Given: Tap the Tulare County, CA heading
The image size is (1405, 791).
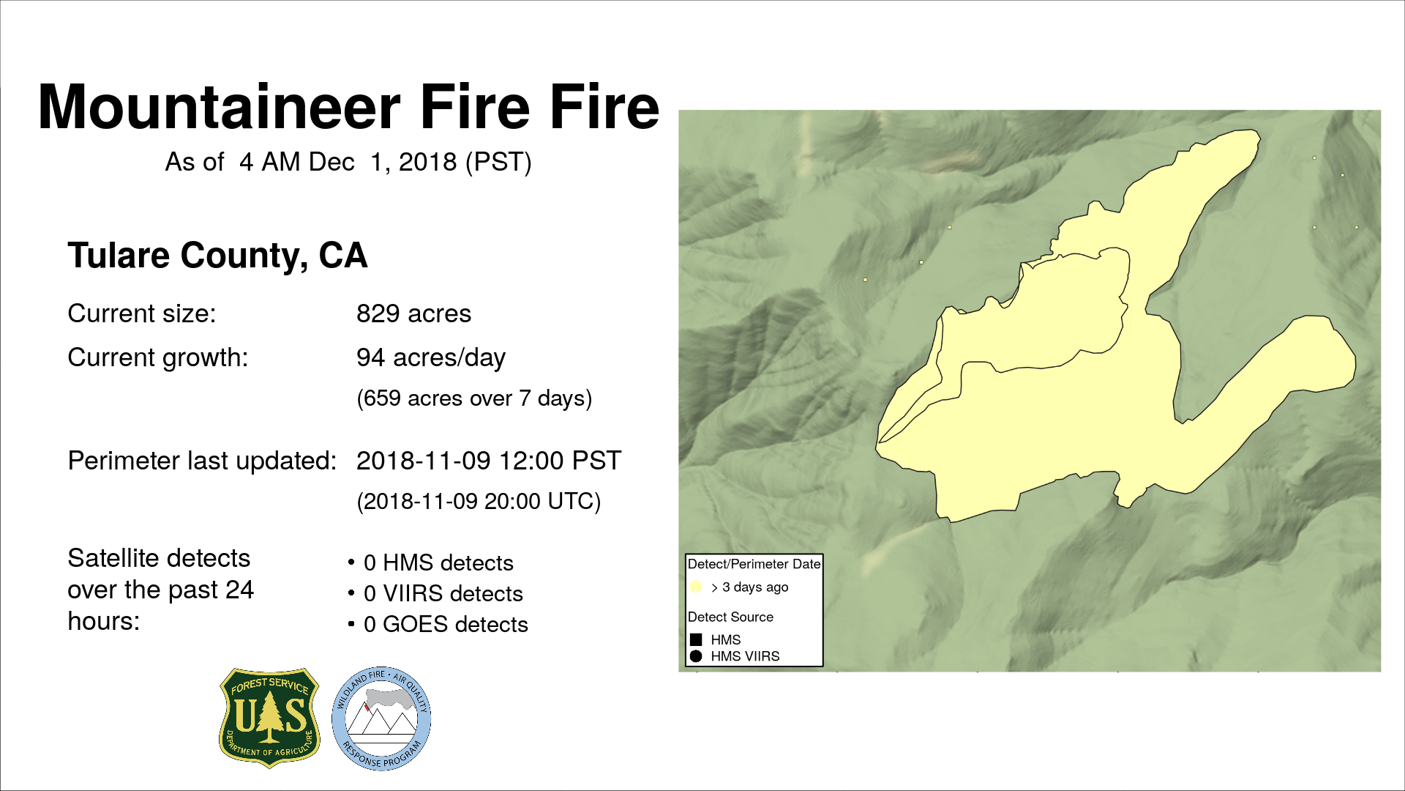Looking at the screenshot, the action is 217,256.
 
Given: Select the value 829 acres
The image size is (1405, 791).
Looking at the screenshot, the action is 413,313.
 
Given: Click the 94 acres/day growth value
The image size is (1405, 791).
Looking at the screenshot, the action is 431,358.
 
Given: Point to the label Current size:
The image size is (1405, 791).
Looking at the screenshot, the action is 142,313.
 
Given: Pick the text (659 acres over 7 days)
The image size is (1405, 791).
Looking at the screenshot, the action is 474,398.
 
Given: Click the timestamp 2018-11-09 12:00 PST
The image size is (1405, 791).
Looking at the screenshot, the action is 489,461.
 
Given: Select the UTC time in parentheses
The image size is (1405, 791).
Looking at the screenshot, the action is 479,502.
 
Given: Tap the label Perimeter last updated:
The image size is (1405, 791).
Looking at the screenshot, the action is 202,461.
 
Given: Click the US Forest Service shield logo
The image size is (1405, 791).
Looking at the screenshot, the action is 270,718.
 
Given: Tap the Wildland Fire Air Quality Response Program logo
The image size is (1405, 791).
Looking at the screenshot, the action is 381,718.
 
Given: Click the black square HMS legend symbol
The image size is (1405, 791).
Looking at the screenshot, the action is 696,639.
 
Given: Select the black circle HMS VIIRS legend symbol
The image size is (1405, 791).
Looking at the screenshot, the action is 696,656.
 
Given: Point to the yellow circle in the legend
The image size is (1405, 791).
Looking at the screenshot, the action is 696,587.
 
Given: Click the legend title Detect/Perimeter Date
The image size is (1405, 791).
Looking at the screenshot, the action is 754,564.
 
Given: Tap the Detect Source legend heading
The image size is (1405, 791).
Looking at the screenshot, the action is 730,617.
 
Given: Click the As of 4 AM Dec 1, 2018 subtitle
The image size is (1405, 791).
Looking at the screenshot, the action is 348,162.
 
